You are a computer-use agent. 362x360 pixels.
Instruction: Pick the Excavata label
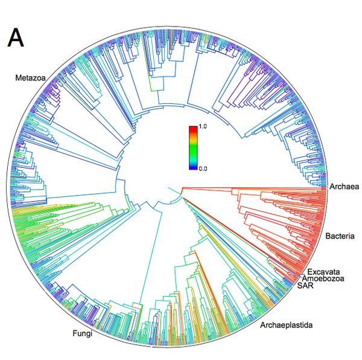pyautogui.click(x=323, y=271)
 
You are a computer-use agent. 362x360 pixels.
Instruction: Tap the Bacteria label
pyautogui.click(x=340, y=235)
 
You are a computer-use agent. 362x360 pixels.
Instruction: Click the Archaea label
pyautogui.click(x=344, y=187)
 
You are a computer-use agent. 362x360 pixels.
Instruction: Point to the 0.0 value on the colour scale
pyautogui.click(x=203, y=169)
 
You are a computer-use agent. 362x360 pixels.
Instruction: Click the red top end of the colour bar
pyautogui.click(x=193, y=129)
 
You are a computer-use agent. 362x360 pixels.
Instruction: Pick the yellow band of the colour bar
pyautogui.click(x=193, y=143)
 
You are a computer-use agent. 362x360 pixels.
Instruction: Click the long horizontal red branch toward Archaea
pyautogui.click(x=253, y=187)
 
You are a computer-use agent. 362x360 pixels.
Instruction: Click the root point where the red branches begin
pyautogui.click(x=182, y=188)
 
